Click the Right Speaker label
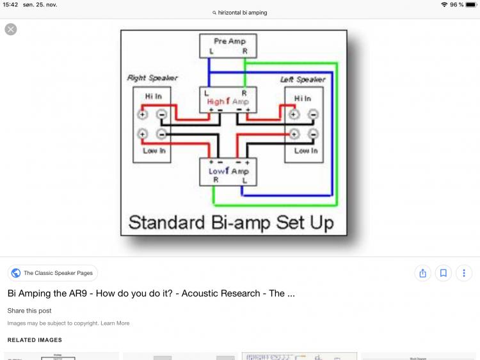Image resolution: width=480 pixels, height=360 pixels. [x=152, y=78]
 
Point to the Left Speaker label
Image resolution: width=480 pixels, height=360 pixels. [x=303, y=79]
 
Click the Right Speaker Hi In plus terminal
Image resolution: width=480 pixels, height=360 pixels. [x=143, y=115]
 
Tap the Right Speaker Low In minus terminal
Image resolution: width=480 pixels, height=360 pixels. [x=161, y=134]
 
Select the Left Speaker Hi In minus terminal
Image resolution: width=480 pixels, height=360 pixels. [x=313, y=115]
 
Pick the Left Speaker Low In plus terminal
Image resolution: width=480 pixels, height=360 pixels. [x=294, y=134]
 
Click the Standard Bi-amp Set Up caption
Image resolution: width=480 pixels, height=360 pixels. [x=231, y=223]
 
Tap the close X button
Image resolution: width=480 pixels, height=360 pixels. [x=11, y=29]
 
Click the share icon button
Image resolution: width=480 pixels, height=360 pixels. [x=422, y=273]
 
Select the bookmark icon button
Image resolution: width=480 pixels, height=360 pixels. [x=443, y=273]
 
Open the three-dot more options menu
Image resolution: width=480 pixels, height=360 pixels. [x=463, y=273]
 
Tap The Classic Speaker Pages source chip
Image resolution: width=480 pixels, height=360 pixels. [x=52, y=273]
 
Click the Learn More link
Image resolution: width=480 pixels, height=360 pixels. [x=115, y=323]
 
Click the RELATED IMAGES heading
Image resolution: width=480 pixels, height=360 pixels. [x=35, y=340]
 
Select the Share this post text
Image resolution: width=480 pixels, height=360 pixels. [x=29, y=311]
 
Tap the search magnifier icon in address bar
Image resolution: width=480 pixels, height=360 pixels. [x=214, y=13]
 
